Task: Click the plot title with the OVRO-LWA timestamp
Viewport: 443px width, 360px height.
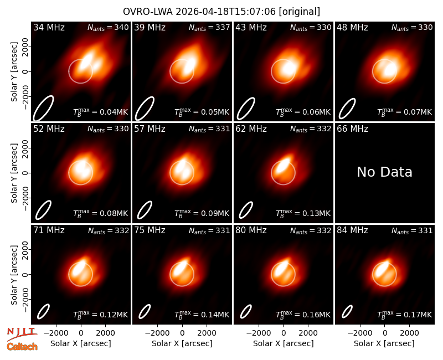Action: point(221,12)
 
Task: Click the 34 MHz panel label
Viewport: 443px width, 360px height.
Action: point(49,27)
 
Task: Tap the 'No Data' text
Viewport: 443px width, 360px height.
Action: point(384,172)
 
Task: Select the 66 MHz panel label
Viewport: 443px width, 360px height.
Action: point(352,129)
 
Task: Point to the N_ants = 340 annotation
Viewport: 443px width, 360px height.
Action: point(108,27)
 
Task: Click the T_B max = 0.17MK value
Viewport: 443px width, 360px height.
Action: point(405,315)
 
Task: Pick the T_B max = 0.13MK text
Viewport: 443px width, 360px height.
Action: point(303,213)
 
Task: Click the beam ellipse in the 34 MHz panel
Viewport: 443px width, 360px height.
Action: point(43,108)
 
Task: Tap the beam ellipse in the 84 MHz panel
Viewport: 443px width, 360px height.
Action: point(347,311)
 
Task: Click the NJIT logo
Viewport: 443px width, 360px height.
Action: point(22,334)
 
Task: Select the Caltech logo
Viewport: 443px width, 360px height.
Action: point(22,347)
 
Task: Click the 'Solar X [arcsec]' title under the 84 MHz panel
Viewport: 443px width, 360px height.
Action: point(384,343)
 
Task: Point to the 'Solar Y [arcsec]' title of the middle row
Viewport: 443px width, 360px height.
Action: point(14,173)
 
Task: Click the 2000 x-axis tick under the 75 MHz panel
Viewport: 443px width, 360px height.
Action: point(207,333)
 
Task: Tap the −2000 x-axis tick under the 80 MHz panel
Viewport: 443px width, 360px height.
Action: point(259,333)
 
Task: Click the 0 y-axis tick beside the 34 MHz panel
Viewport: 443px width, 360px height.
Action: point(25,71)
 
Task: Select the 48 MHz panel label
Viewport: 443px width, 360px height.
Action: point(352,27)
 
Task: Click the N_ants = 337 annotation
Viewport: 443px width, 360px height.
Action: point(209,27)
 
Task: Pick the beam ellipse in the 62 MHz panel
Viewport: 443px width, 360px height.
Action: point(246,210)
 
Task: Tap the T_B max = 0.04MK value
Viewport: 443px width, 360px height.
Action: point(101,112)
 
